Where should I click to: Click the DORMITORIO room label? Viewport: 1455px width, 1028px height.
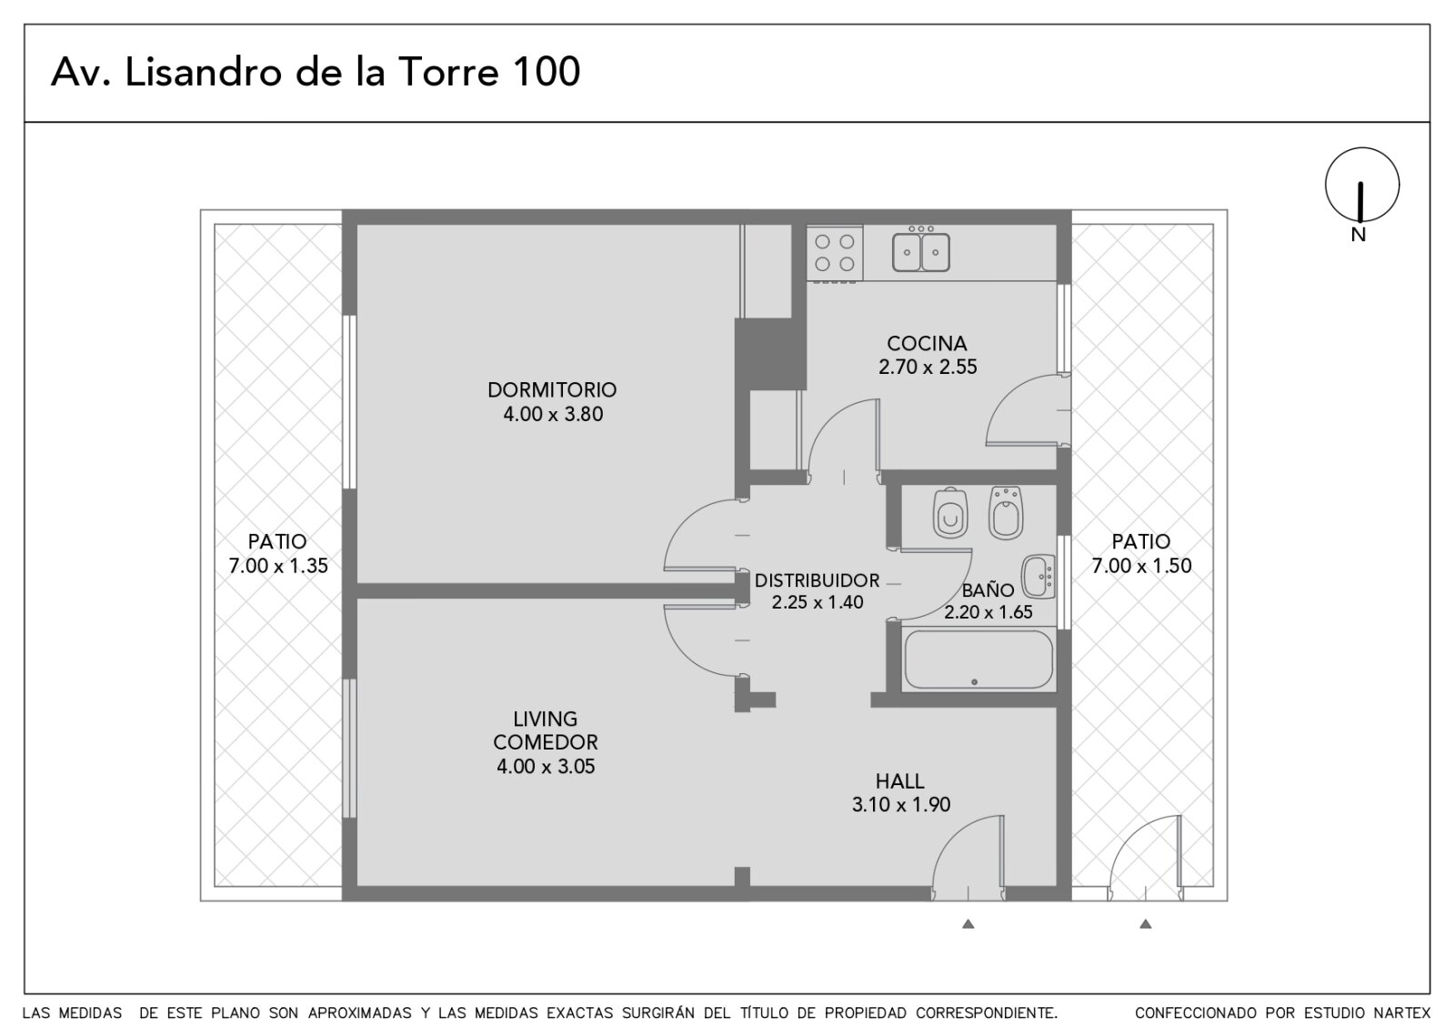click(552, 390)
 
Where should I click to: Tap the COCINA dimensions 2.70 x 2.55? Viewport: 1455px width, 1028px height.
click(928, 368)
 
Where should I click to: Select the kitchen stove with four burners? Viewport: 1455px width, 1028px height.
click(835, 254)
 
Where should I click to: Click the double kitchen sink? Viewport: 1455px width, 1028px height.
click(921, 250)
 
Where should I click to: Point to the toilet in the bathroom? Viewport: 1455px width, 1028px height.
click(951, 513)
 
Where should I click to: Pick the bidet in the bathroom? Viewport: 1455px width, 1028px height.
click(1006, 513)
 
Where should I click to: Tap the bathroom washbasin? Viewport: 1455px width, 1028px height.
click(1039, 577)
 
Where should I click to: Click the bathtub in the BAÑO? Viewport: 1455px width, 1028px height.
click(978, 660)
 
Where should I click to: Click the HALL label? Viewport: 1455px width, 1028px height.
click(899, 781)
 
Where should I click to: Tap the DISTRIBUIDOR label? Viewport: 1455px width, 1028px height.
click(818, 580)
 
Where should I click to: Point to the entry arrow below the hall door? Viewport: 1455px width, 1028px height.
click(968, 923)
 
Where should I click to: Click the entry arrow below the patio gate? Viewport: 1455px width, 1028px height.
click(1146, 923)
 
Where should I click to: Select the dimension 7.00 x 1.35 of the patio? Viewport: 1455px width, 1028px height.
click(278, 566)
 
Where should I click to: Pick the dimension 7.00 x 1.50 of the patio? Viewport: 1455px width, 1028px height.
click(1142, 566)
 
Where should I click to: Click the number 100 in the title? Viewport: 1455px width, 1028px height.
click(547, 72)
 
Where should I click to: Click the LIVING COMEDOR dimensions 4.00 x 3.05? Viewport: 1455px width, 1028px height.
click(546, 767)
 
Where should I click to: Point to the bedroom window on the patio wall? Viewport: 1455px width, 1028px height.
click(349, 401)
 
